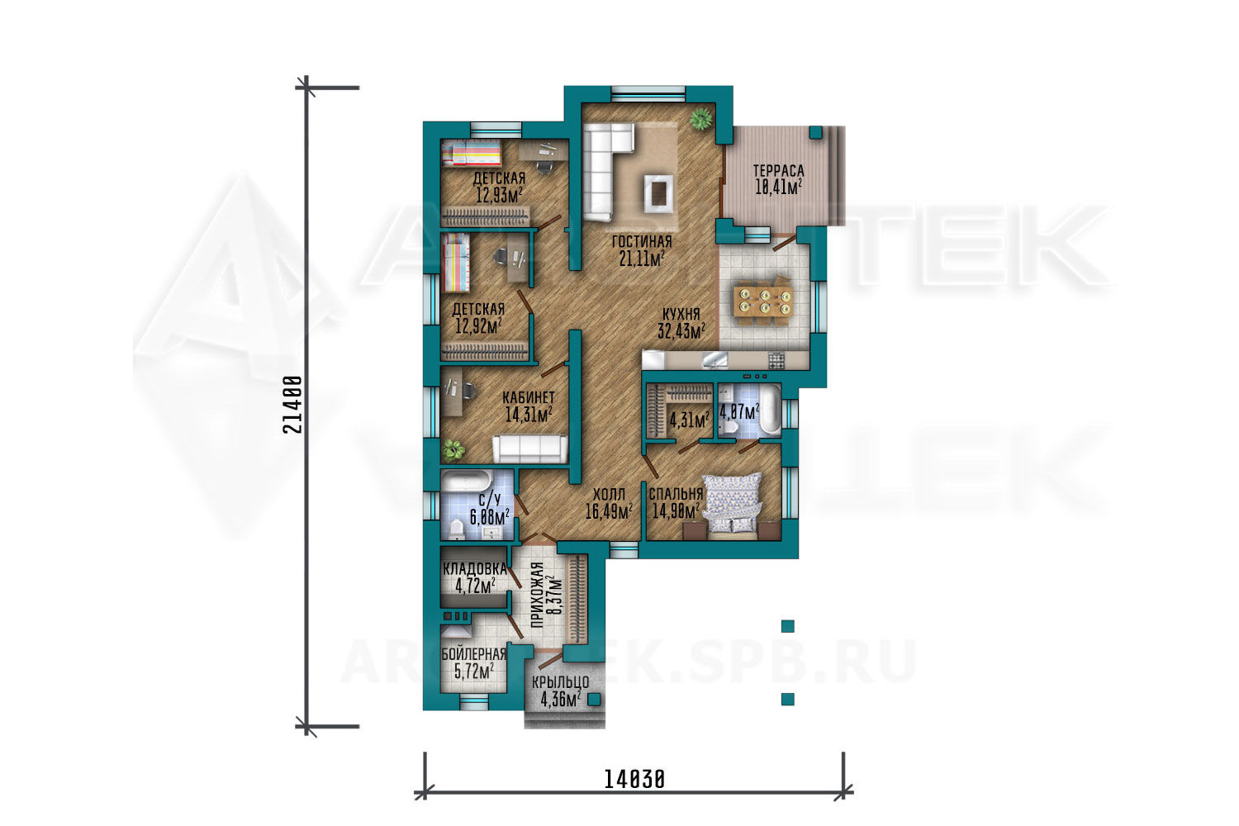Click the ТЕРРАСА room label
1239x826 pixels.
point(778,171)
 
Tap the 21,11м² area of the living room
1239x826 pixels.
point(642,259)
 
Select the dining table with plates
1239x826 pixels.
point(765,301)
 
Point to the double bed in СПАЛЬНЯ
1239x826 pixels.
point(732,505)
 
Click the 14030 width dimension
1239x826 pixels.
point(634,780)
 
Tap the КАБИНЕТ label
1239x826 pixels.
point(529,398)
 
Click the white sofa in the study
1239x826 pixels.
point(530,449)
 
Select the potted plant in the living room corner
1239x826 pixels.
point(700,118)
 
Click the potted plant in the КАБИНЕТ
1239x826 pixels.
point(453,450)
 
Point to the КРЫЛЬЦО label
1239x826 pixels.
point(560,683)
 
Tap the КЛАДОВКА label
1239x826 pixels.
point(475,569)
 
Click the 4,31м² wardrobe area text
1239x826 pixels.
point(690,420)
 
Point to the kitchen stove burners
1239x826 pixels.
point(776,361)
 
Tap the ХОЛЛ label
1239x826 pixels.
point(609,494)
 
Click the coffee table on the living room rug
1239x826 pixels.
point(658,193)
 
